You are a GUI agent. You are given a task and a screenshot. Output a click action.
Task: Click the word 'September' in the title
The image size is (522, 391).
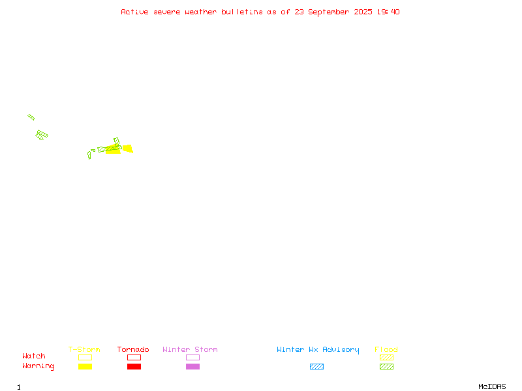(x=328, y=12)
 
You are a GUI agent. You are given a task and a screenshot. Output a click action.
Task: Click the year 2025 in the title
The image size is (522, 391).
(x=363, y=12)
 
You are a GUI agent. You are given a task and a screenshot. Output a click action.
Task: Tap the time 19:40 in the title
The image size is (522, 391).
(x=388, y=12)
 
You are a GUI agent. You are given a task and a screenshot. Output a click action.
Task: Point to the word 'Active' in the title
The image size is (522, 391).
(x=134, y=12)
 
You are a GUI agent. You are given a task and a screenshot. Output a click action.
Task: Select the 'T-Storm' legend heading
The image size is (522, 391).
(x=84, y=349)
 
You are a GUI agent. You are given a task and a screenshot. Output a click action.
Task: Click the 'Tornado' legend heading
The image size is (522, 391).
(x=133, y=349)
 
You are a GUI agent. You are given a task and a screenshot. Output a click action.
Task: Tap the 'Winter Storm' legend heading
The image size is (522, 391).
(x=190, y=349)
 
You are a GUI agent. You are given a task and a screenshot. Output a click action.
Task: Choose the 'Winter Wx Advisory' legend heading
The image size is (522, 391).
(x=318, y=350)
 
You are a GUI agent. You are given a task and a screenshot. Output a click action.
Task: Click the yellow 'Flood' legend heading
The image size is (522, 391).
(x=386, y=349)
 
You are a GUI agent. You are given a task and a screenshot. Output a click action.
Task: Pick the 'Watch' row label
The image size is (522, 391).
(x=34, y=356)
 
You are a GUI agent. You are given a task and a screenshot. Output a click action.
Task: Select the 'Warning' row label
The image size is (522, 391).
(x=38, y=366)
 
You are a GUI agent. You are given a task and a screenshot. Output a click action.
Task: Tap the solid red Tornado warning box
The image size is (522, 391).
(x=134, y=366)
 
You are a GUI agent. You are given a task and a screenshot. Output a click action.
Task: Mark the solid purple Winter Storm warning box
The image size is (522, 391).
(x=192, y=366)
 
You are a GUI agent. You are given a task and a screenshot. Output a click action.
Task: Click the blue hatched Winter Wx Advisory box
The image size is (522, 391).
(x=316, y=366)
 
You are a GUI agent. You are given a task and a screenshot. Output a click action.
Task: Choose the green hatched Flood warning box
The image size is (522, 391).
(x=386, y=366)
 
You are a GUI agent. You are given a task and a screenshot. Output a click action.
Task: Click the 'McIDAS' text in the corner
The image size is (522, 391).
(x=492, y=386)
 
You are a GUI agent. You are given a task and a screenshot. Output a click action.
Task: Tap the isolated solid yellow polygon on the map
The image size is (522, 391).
(x=128, y=149)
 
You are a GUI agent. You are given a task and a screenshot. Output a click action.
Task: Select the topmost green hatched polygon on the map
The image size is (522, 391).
(x=31, y=117)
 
